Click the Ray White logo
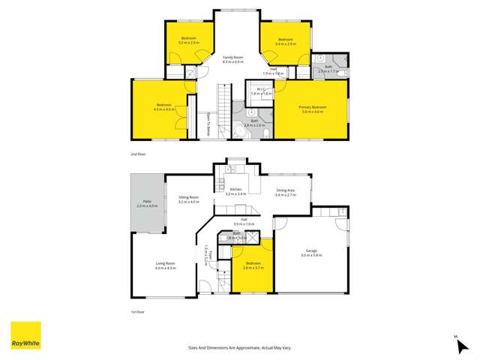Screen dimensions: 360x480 [25, 336]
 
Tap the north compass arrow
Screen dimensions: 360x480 [457, 345]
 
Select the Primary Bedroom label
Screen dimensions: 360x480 [310, 109]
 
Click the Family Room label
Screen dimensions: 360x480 [233, 58]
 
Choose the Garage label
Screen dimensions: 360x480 [310, 252]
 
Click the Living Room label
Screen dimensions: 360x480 [165, 265]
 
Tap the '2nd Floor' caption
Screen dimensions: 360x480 [137, 154]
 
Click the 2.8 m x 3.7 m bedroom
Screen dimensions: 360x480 [253, 266]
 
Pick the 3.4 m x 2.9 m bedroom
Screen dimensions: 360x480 [285, 40]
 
